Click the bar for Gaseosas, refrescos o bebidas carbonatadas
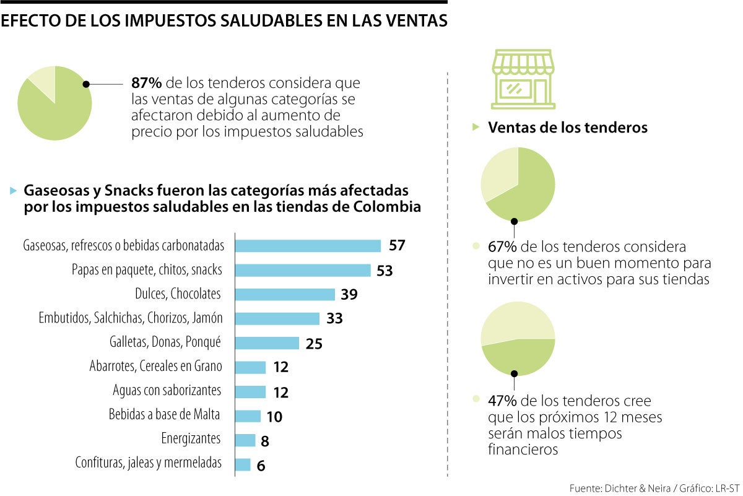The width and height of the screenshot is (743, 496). [308, 246]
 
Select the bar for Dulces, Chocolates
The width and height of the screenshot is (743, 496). [285, 294]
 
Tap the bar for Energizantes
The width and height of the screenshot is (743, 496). [246, 440]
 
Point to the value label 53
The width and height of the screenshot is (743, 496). [385, 271]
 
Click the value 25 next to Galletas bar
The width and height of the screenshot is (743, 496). [314, 344]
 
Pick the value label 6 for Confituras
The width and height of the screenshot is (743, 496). [261, 466]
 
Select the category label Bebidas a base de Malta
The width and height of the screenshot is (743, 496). [164, 415]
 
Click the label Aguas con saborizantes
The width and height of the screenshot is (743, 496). [167, 391]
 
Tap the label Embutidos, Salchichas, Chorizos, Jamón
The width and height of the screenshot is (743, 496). [130, 318]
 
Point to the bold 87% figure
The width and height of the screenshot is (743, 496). [147, 83]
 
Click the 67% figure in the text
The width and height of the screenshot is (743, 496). [502, 247]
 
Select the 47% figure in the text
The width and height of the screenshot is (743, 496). [502, 401]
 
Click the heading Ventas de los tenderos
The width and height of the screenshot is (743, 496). [568, 128]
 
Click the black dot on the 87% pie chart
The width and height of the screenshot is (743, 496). [86, 84]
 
